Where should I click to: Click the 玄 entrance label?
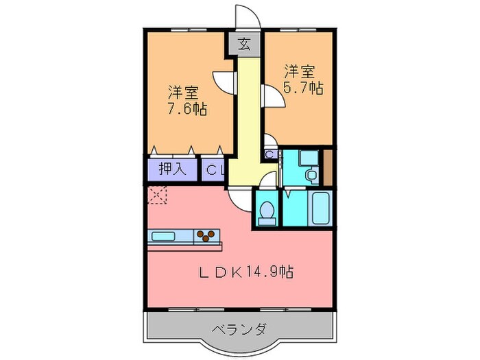(243, 45)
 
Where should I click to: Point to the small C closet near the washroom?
(269, 155)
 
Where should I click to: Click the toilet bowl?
(267, 212)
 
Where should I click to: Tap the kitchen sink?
(164, 237)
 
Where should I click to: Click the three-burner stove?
(205, 237)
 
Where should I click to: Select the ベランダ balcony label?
(241, 328)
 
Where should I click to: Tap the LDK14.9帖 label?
(247, 272)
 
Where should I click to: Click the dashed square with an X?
(156, 195)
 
